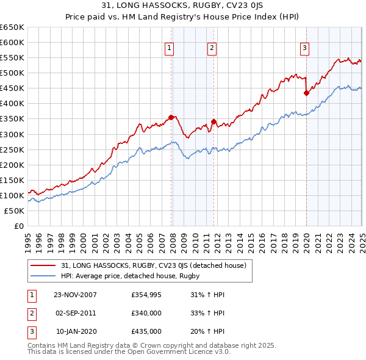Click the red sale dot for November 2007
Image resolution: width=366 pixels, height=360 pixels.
[x=171, y=117]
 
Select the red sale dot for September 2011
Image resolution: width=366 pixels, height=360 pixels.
[x=213, y=121]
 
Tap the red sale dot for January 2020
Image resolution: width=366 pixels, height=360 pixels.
[x=306, y=93]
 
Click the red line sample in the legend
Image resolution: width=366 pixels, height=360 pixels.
[x=42, y=266]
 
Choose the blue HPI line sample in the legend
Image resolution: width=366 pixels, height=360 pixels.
[x=42, y=276]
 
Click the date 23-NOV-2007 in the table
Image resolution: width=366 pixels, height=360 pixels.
[x=75, y=295]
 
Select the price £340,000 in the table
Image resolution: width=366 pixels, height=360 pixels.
[x=146, y=313]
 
